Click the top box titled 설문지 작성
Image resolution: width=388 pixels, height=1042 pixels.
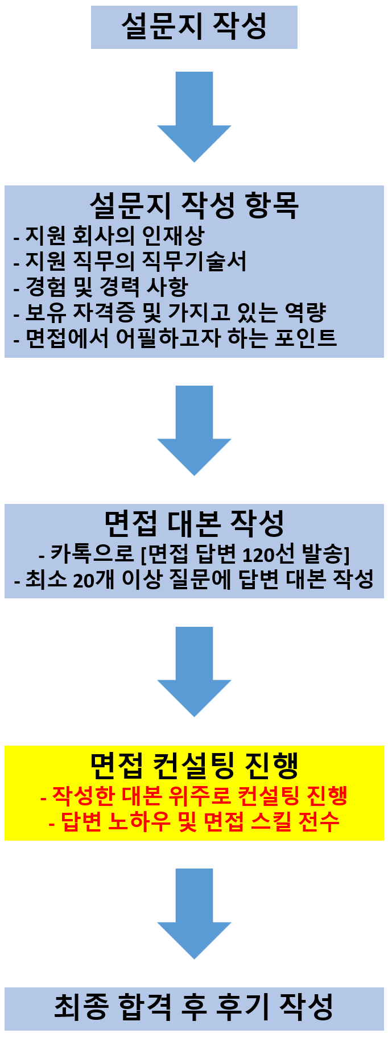pos(194,27)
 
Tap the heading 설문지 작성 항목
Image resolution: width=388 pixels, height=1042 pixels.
pos(194,205)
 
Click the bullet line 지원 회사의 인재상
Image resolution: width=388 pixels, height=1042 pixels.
pos(108,235)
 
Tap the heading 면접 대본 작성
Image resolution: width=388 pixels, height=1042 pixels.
pos(194,523)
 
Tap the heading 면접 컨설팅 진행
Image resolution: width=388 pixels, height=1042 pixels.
pos(194,766)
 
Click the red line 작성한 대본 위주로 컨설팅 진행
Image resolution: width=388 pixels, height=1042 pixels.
pos(194,795)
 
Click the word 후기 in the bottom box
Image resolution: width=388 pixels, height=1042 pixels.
pos(243,1007)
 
